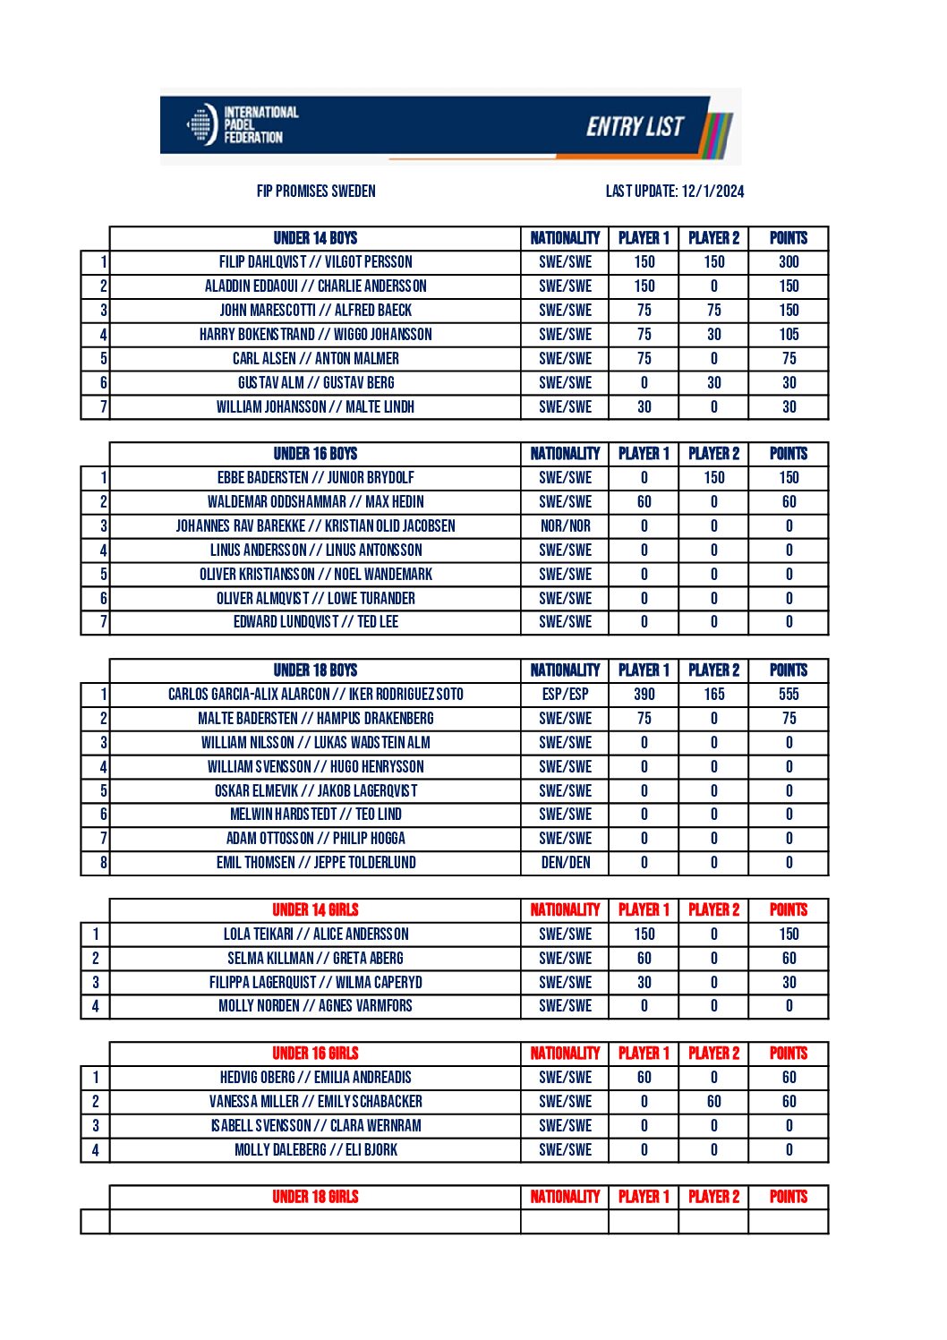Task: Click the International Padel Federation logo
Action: pos(242,125)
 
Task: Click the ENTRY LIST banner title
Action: pos(635,127)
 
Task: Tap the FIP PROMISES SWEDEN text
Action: pos(316,191)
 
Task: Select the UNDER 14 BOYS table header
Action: pos(315,238)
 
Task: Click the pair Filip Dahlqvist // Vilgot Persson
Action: pos(315,262)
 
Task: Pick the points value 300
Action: pos(789,262)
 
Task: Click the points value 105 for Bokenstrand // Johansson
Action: pos(789,335)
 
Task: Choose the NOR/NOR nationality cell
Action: pos(565,526)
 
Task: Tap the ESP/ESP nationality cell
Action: pos(565,695)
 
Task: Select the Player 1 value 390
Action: pos(644,695)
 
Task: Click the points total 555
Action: pos(789,695)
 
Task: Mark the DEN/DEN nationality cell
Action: pos(565,863)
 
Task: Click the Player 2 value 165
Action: pos(713,695)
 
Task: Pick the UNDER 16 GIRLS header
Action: pos(315,1054)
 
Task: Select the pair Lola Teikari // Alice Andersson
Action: pos(315,935)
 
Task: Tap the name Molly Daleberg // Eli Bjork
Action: pos(315,1150)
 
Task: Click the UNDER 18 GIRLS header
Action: pos(315,1197)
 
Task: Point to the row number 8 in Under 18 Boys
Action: pos(103,863)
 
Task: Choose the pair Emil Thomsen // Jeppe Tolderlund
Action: pos(315,863)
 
